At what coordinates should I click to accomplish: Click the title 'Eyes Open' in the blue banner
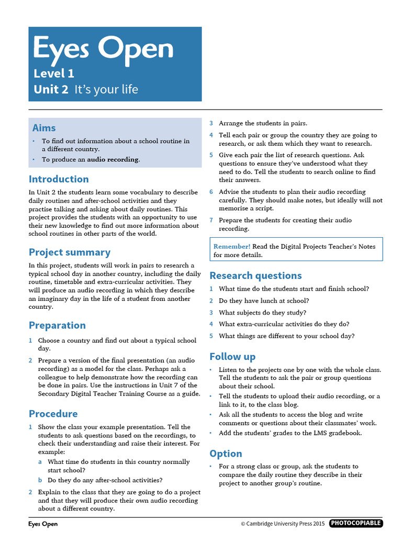point(103,49)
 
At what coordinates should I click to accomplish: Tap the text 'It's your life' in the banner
point(106,89)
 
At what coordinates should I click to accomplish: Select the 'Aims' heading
point(44,128)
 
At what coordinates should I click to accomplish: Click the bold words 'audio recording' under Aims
point(113,159)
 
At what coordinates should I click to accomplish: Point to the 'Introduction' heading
point(59,179)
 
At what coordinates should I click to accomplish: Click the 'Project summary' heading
point(69,252)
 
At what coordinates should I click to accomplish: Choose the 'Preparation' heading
point(57,325)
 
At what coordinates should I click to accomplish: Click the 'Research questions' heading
point(255,276)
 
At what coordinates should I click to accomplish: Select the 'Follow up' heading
point(232,357)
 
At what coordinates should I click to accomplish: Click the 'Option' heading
point(226,453)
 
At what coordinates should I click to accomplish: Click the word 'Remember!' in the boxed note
point(232,247)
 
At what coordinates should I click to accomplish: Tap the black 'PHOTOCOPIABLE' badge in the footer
point(356,524)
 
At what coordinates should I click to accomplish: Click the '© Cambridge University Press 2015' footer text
point(283,524)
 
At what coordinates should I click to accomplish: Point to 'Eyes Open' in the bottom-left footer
point(43,524)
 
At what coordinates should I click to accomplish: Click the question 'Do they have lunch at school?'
point(264,301)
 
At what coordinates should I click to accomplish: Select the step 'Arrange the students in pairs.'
point(263,123)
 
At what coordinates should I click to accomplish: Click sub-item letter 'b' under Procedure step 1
point(40,480)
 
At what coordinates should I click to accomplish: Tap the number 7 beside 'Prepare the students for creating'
point(211,220)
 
